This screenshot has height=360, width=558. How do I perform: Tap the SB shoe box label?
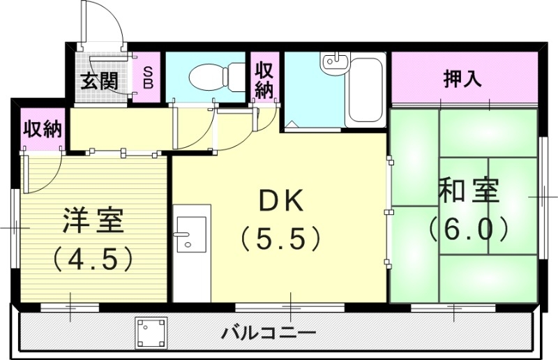tap(148, 77)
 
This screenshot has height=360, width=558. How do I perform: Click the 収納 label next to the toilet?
tap(264, 80)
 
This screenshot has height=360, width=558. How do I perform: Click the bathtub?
tap(363, 91)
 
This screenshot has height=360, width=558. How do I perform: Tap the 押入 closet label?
tap(463, 79)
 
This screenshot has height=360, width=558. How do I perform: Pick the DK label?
tap(281, 201)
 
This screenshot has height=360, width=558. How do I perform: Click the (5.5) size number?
tap(280, 239)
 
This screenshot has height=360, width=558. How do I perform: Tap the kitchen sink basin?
tap(190, 233)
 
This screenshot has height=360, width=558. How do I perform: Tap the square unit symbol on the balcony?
tap(152, 333)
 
